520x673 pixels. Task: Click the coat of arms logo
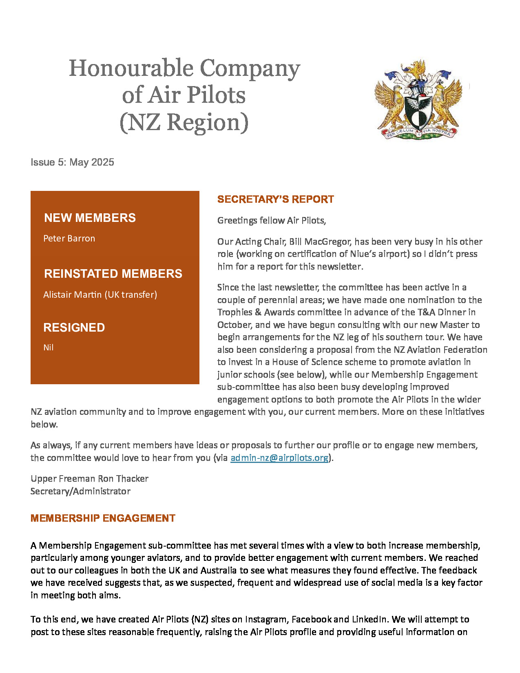point(418,99)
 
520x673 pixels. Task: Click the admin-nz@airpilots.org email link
point(279,458)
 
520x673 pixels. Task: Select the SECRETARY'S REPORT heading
point(275,199)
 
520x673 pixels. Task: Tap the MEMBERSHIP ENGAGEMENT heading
point(103,518)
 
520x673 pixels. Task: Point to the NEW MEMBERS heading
point(90,218)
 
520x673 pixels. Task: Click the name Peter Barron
point(69,239)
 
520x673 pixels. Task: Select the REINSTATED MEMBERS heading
point(113,274)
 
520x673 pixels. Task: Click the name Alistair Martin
point(72,294)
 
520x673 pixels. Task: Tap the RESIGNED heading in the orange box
point(74,328)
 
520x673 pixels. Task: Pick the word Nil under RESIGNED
point(48,348)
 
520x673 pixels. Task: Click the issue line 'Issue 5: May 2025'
point(72,162)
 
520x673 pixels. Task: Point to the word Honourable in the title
point(131,68)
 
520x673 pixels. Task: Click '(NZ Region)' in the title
point(184,122)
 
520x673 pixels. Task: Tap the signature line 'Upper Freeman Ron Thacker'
point(89,478)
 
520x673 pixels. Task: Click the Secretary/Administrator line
point(80,491)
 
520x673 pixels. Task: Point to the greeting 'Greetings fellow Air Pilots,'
point(271,221)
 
